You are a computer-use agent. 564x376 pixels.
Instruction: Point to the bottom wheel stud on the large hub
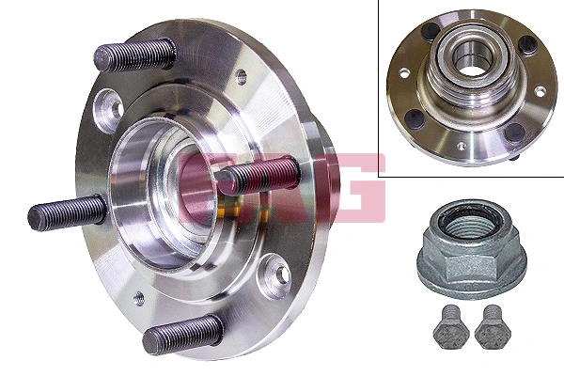coord(182,332)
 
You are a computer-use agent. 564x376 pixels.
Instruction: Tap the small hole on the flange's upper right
coord(241,76)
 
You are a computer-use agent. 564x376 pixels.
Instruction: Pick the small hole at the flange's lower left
coord(139,298)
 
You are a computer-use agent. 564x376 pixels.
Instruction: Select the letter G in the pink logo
coord(352,184)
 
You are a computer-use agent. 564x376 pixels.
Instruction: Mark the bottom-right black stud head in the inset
coord(512,132)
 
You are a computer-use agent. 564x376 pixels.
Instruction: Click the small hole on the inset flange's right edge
coord(540,91)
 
